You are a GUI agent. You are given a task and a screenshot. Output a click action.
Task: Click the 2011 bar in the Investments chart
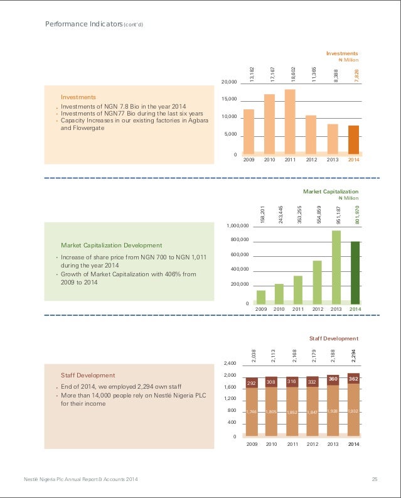click(290, 122)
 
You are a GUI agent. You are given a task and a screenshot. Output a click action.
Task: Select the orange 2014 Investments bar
click(354, 139)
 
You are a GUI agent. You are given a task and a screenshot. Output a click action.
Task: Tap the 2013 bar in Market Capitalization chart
click(336, 267)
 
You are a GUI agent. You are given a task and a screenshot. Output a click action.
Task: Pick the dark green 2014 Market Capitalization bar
click(355, 273)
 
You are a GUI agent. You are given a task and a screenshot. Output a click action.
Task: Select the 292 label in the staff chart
click(252, 382)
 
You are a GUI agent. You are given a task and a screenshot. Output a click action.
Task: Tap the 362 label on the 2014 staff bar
click(354, 379)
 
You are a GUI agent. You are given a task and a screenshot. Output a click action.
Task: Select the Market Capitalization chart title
click(331, 191)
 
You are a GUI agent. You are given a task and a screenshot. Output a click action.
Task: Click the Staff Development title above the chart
click(334, 338)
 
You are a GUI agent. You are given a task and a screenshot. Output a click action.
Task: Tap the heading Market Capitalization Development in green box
click(111, 245)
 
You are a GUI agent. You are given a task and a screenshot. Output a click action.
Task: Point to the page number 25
click(374, 480)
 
